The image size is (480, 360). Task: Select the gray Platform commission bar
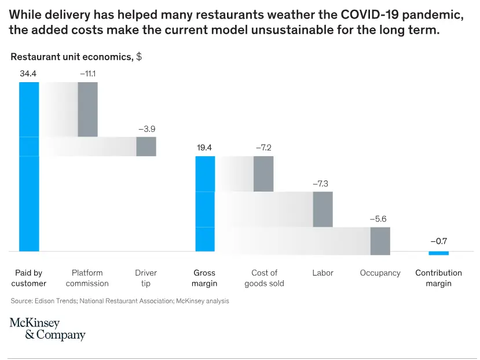(x=87, y=109)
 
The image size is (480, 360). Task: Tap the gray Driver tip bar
(x=146, y=146)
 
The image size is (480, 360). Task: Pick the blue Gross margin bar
(x=205, y=204)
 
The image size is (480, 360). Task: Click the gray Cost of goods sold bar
(x=263, y=174)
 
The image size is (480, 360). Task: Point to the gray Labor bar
(x=323, y=209)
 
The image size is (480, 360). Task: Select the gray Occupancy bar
(x=380, y=241)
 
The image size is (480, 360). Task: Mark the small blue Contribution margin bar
(x=438, y=253)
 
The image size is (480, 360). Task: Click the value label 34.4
(x=28, y=74)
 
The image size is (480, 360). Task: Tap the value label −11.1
(x=87, y=74)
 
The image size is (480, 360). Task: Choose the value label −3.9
(x=146, y=128)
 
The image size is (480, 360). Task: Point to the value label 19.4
(x=204, y=148)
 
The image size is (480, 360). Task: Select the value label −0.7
(x=438, y=241)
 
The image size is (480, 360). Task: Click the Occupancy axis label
(x=380, y=273)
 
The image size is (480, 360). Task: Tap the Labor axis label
(x=323, y=273)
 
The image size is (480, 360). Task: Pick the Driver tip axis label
(x=146, y=278)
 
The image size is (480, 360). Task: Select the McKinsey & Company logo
(x=47, y=329)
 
